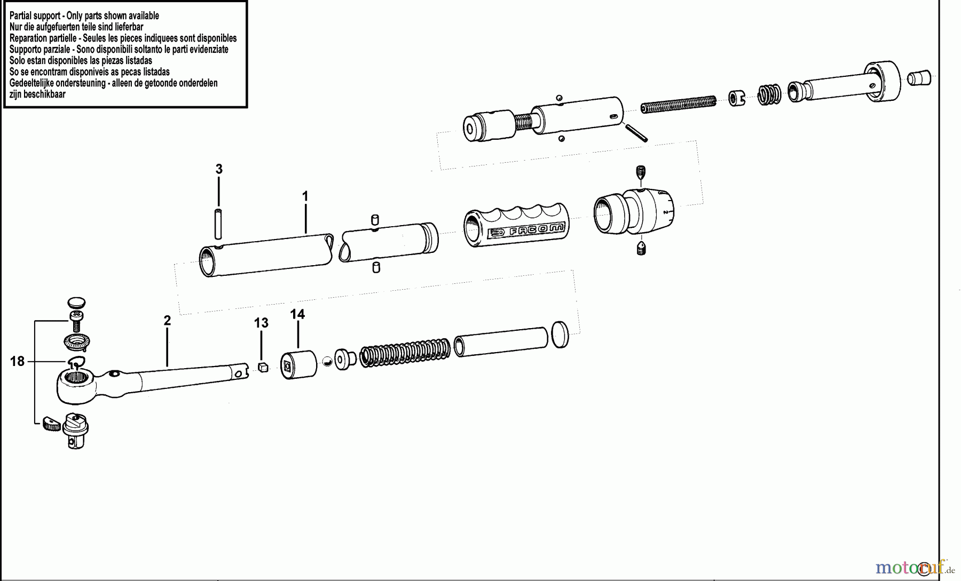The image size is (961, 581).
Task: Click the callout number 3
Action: tap(219, 170)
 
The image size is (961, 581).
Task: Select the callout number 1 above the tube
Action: tap(305, 197)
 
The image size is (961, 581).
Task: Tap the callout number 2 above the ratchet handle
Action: tap(167, 321)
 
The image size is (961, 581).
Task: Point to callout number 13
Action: tap(261, 323)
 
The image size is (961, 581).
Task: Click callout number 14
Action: tap(297, 314)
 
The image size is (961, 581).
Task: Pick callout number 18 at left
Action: tap(17, 362)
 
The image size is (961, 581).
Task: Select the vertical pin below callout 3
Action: tap(218, 225)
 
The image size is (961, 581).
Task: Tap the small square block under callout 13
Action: tap(262, 367)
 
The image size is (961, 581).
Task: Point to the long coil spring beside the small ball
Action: tap(406, 353)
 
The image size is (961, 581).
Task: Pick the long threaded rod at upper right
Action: tap(678, 104)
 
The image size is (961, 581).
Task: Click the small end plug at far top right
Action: tap(919, 77)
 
